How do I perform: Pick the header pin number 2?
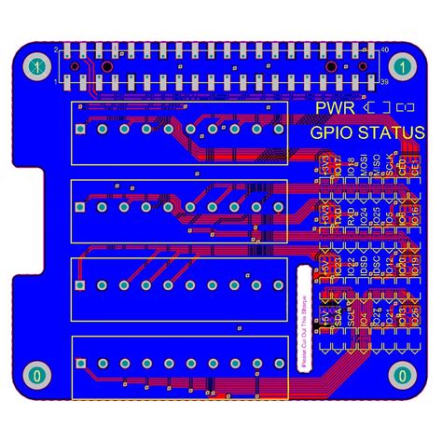pos(56,48)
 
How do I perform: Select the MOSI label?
pos(363,167)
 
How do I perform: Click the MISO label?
pos(376,167)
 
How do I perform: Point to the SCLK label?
pos(389,167)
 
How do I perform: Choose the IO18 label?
pos(351,167)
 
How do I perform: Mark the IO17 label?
pos(338,167)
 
